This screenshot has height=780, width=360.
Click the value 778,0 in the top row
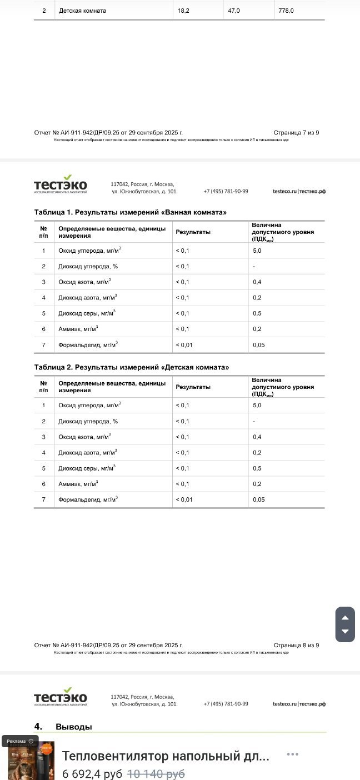pos(286,11)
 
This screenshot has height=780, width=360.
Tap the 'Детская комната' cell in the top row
pos(82,11)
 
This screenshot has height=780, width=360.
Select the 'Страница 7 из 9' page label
pos(296,133)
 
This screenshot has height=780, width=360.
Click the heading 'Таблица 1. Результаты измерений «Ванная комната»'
pos(131,212)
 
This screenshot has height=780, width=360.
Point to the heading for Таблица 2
pos(132,367)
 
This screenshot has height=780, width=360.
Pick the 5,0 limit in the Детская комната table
pos(257,406)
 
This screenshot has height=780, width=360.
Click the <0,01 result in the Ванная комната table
pos(184,345)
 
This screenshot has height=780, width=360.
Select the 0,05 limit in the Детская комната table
pos(258,499)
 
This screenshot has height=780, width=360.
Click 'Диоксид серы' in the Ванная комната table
pos(87,313)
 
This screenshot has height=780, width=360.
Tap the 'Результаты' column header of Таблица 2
pos(193,387)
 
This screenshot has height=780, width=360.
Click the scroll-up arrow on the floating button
pos(345,618)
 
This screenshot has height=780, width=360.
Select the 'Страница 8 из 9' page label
pos(296,646)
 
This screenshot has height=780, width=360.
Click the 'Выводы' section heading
pos(74,727)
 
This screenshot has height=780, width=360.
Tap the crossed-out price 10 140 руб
pos(156,773)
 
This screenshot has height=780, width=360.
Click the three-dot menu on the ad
pos(293,754)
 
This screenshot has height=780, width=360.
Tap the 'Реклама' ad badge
pos(20,741)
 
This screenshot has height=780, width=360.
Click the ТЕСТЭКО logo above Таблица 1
pos(61,185)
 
